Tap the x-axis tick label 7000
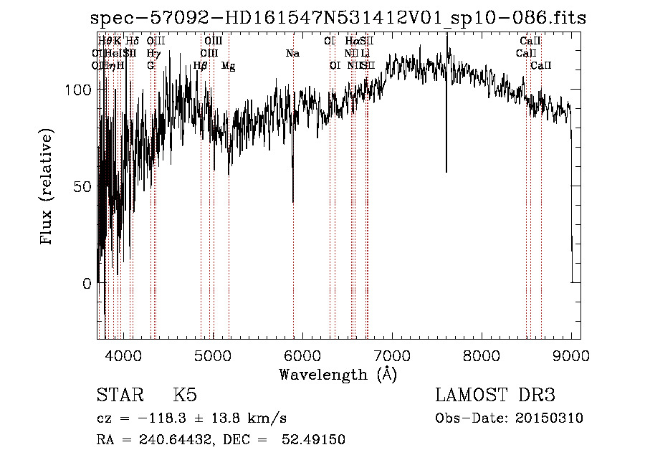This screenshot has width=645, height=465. coord(391,355)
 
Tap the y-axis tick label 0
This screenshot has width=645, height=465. coord(86,283)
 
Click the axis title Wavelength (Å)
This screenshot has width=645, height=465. coord(338,374)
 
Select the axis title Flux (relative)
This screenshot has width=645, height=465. coord(48,188)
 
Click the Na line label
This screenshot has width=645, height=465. coord(292,53)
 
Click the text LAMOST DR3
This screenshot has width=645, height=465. coord(495,396)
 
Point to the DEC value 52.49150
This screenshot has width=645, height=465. coord(317,440)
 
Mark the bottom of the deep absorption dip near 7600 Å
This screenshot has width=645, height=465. coord(446,171)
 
